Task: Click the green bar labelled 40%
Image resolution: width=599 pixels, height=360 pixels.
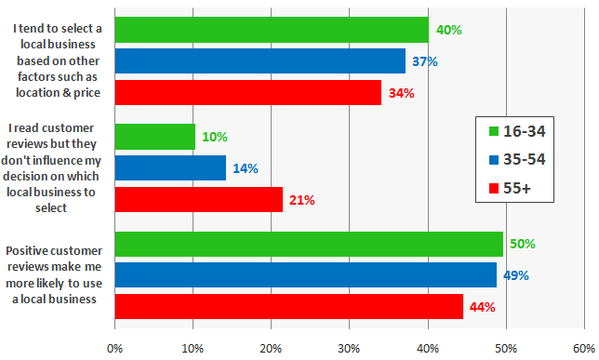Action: tap(271, 30)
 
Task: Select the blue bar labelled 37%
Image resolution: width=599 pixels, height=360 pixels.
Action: tap(260, 61)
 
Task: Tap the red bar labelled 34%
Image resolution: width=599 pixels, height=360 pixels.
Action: tap(247, 93)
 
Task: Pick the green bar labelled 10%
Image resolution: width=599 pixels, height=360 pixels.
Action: tap(154, 137)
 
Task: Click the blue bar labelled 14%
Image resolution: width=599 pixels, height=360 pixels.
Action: tap(170, 168)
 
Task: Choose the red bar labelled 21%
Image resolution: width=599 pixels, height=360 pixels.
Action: tap(198, 199)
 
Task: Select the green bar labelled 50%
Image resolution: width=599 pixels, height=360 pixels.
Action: tap(309, 244)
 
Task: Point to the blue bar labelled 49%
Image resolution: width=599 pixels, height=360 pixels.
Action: tap(305, 275)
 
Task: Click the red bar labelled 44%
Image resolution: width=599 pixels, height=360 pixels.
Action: tap(288, 307)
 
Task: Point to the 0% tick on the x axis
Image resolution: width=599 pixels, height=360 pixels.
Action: tap(114, 349)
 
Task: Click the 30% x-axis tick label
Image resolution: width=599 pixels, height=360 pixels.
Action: tap(349, 349)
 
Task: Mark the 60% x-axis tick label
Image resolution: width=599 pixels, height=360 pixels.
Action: tap(583, 349)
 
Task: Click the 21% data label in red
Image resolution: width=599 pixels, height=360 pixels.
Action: tap(302, 200)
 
